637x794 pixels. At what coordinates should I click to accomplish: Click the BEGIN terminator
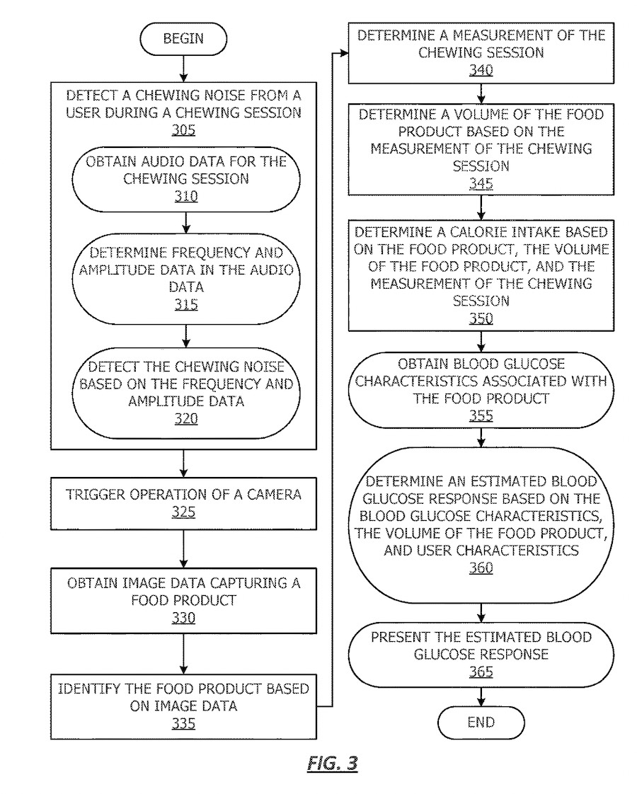click(183, 39)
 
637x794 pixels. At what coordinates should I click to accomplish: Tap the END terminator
click(481, 723)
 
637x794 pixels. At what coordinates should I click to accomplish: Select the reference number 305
click(183, 130)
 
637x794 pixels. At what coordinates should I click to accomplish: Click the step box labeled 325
click(183, 502)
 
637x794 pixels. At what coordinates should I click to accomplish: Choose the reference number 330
click(183, 618)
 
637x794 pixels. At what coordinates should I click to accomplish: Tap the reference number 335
click(183, 723)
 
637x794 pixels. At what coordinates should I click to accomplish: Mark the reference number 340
click(481, 70)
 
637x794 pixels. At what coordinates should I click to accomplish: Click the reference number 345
click(481, 184)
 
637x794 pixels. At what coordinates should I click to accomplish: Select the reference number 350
click(481, 318)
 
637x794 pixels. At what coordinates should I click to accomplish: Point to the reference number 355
click(481, 415)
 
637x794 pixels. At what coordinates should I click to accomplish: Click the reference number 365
click(481, 672)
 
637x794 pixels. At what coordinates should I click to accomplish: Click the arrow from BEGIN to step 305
click(183, 67)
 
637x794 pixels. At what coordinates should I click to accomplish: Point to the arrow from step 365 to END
click(481, 696)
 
